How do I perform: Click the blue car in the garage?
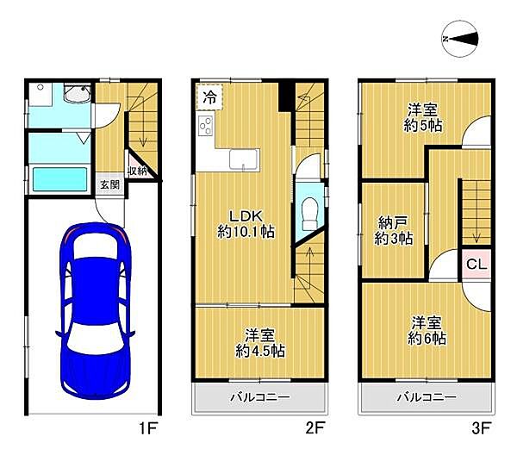pos(95,310)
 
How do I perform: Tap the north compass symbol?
pos(459,39)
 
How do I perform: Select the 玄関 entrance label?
pos(109,184)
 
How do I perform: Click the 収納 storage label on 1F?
pos(137,171)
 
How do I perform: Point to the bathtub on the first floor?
pos(59,179)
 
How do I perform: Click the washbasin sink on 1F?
pos(78,93)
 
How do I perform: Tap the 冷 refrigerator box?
pos(209,97)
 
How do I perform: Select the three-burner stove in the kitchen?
pos(206,127)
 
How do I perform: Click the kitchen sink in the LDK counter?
pos(244,159)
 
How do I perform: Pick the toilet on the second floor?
pos(309,214)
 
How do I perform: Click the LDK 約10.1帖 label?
pos(246,224)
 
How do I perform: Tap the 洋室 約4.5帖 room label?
pos(260,343)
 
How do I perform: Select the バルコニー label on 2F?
pos(260,397)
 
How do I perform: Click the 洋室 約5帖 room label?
pos(423,117)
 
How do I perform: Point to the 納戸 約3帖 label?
pos(394,230)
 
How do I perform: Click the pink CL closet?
pos(477,264)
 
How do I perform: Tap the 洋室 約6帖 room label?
pos(427,330)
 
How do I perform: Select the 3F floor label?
pos(482,428)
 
